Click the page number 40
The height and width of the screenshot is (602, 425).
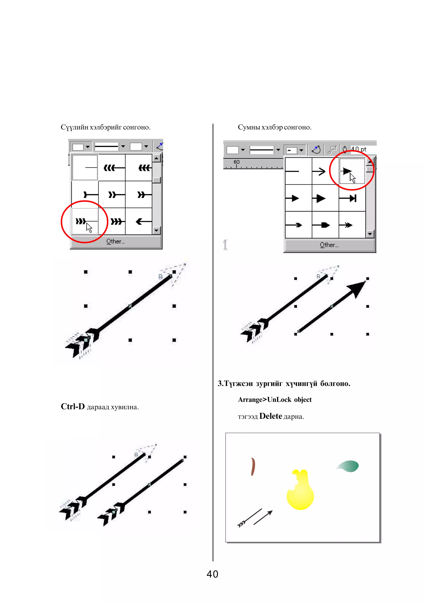point(212,574)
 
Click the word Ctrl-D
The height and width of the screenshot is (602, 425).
point(73,406)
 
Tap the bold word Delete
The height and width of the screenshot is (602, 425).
point(271,416)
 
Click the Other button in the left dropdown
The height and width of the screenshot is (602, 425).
point(115,241)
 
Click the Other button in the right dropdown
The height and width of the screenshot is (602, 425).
point(329,245)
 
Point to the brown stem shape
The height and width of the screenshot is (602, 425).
point(253,467)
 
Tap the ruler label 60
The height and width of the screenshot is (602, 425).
point(236,162)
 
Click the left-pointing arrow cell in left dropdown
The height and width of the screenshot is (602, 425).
point(139,222)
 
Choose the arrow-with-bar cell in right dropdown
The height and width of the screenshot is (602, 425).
point(352,198)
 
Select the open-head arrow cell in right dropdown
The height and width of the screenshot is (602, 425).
point(325,171)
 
